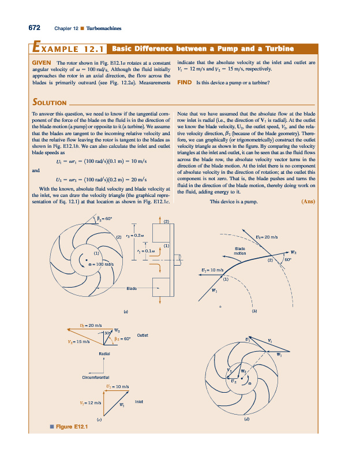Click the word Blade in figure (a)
[132, 288]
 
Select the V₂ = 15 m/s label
[77, 341]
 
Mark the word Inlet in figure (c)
[140, 400]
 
